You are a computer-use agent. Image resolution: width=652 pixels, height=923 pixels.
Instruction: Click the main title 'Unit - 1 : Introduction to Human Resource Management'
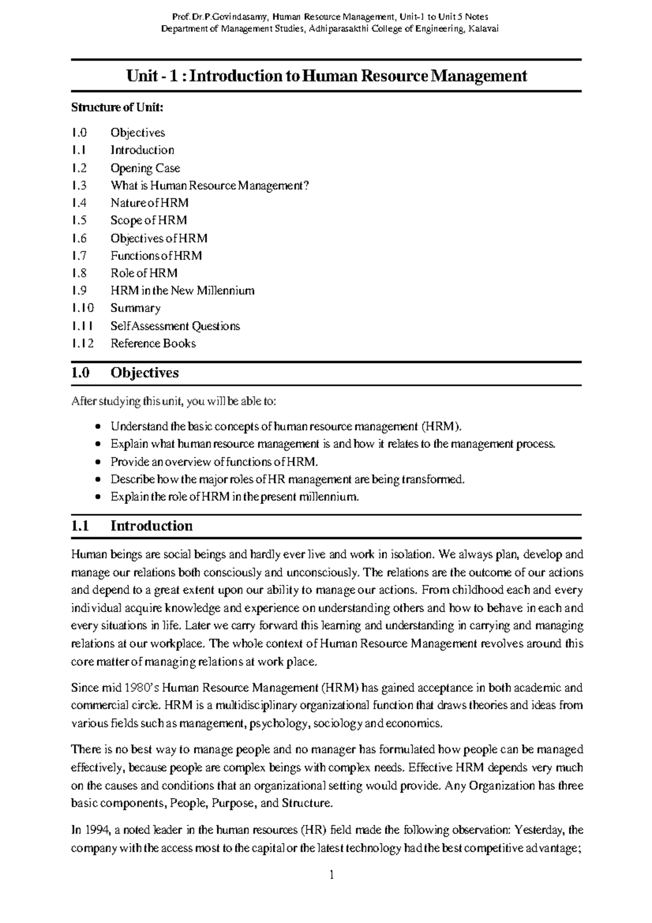(x=327, y=76)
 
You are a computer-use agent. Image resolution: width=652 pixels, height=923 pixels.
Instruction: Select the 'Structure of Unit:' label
(x=117, y=107)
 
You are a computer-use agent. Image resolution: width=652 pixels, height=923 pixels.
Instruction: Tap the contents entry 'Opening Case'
(x=145, y=168)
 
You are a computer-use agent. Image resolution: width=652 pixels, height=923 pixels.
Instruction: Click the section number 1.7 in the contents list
(x=79, y=255)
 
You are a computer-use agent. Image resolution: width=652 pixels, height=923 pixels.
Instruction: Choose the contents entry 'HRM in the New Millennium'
(x=182, y=290)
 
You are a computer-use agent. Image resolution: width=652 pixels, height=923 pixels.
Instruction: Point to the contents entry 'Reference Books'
(x=153, y=343)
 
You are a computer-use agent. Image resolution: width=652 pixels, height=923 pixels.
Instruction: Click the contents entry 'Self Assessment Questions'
(x=175, y=326)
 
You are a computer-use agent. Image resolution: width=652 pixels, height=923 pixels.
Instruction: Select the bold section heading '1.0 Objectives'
(x=125, y=373)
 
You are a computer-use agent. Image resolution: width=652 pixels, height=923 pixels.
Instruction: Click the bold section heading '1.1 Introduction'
(x=132, y=526)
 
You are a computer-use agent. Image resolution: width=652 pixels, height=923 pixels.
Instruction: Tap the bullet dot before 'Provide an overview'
(x=97, y=462)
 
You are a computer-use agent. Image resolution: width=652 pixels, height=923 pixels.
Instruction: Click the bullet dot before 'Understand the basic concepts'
(x=97, y=427)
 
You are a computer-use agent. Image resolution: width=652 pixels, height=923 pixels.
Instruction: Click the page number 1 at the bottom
(x=331, y=875)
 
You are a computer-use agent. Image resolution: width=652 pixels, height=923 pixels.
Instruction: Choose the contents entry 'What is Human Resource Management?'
(x=210, y=185)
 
